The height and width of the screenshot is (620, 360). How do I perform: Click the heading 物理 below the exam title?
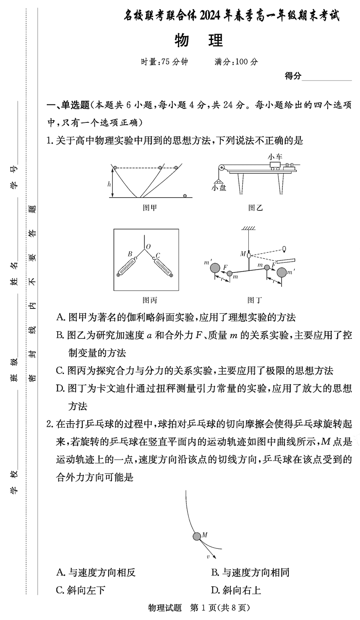click(199, 41)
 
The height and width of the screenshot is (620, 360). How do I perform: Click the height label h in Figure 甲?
click(109, 184)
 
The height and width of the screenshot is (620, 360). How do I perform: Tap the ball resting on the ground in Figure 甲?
click(185, 196)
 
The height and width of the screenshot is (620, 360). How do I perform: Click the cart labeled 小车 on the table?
click(276, 165)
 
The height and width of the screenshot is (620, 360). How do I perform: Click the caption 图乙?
click(255, 208)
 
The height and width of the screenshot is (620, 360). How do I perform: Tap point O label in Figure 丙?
click(148, 247)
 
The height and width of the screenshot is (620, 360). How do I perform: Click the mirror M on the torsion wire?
click(248, 254)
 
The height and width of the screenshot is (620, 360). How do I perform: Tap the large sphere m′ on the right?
click(282, 272)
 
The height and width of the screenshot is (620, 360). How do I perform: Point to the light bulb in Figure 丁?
click(284, 249)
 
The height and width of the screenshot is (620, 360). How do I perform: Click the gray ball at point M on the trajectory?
click(197, 536)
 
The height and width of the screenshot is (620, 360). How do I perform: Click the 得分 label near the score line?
click(293, 76)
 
